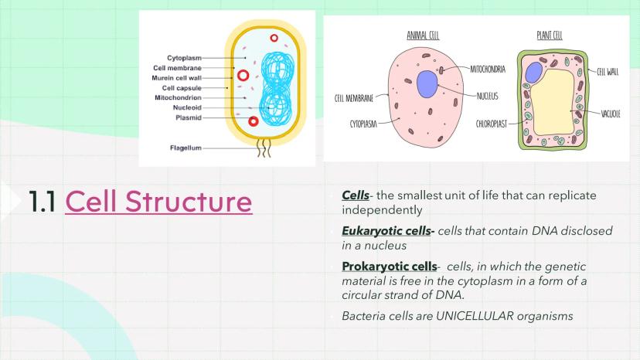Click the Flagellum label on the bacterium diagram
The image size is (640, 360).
186,147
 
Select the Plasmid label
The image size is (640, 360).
189,117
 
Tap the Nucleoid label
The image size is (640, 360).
187,107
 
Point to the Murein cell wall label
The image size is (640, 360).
178,77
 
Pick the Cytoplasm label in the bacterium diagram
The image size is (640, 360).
184,58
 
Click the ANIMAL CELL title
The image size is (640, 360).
424,36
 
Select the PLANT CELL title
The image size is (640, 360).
550,36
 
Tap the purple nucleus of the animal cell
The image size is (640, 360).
427,83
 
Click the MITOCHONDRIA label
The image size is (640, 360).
488,70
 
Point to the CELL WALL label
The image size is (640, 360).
608,72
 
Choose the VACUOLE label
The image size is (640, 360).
611,114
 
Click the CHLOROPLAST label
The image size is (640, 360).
492,123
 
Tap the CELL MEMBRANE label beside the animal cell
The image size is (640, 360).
354,98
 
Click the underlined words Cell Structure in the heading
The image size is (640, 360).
158,201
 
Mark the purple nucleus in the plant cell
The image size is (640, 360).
533,73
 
